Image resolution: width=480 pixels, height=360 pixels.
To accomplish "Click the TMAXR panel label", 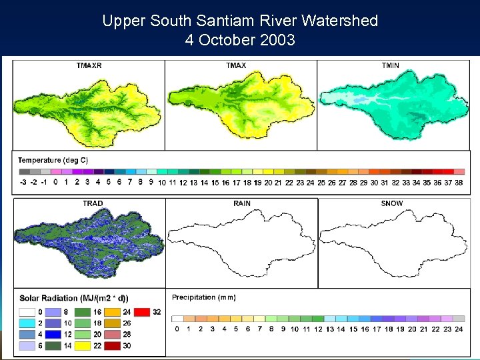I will pyautogui.click(x=89, y=65).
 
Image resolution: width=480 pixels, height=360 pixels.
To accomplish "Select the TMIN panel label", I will pyautogui.click(x=391, y=65).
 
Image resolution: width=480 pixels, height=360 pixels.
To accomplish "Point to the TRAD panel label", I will pyautogui.click(x=93, y=203).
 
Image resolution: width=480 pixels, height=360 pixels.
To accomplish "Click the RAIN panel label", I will pyautogui.click(x=242, y=203).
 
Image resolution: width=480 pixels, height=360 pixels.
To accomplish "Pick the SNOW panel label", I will pyautogui.click(x=392, y=203).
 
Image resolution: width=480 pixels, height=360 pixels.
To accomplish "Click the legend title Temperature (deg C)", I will pyautogui.click(x=53, y=160).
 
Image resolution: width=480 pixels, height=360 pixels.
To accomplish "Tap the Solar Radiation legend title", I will pyautogui.click(x=74, y=298).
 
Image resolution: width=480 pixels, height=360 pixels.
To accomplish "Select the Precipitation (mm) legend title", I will pyautogui.click(x=203, y=297).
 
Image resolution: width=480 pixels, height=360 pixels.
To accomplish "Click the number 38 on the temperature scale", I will pyautogui.click(x=459, y=182).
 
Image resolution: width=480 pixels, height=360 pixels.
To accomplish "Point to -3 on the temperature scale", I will pyautogui.click(x=23, y=182).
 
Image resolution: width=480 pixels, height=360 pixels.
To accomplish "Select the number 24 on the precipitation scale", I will pyautogui.click(x=459, y=329).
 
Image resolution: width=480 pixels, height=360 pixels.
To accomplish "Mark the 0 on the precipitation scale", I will pyautogui.click(x=177, y=329).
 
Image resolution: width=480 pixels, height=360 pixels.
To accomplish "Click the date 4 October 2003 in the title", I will pyautogui.click(x=240, y=40).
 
